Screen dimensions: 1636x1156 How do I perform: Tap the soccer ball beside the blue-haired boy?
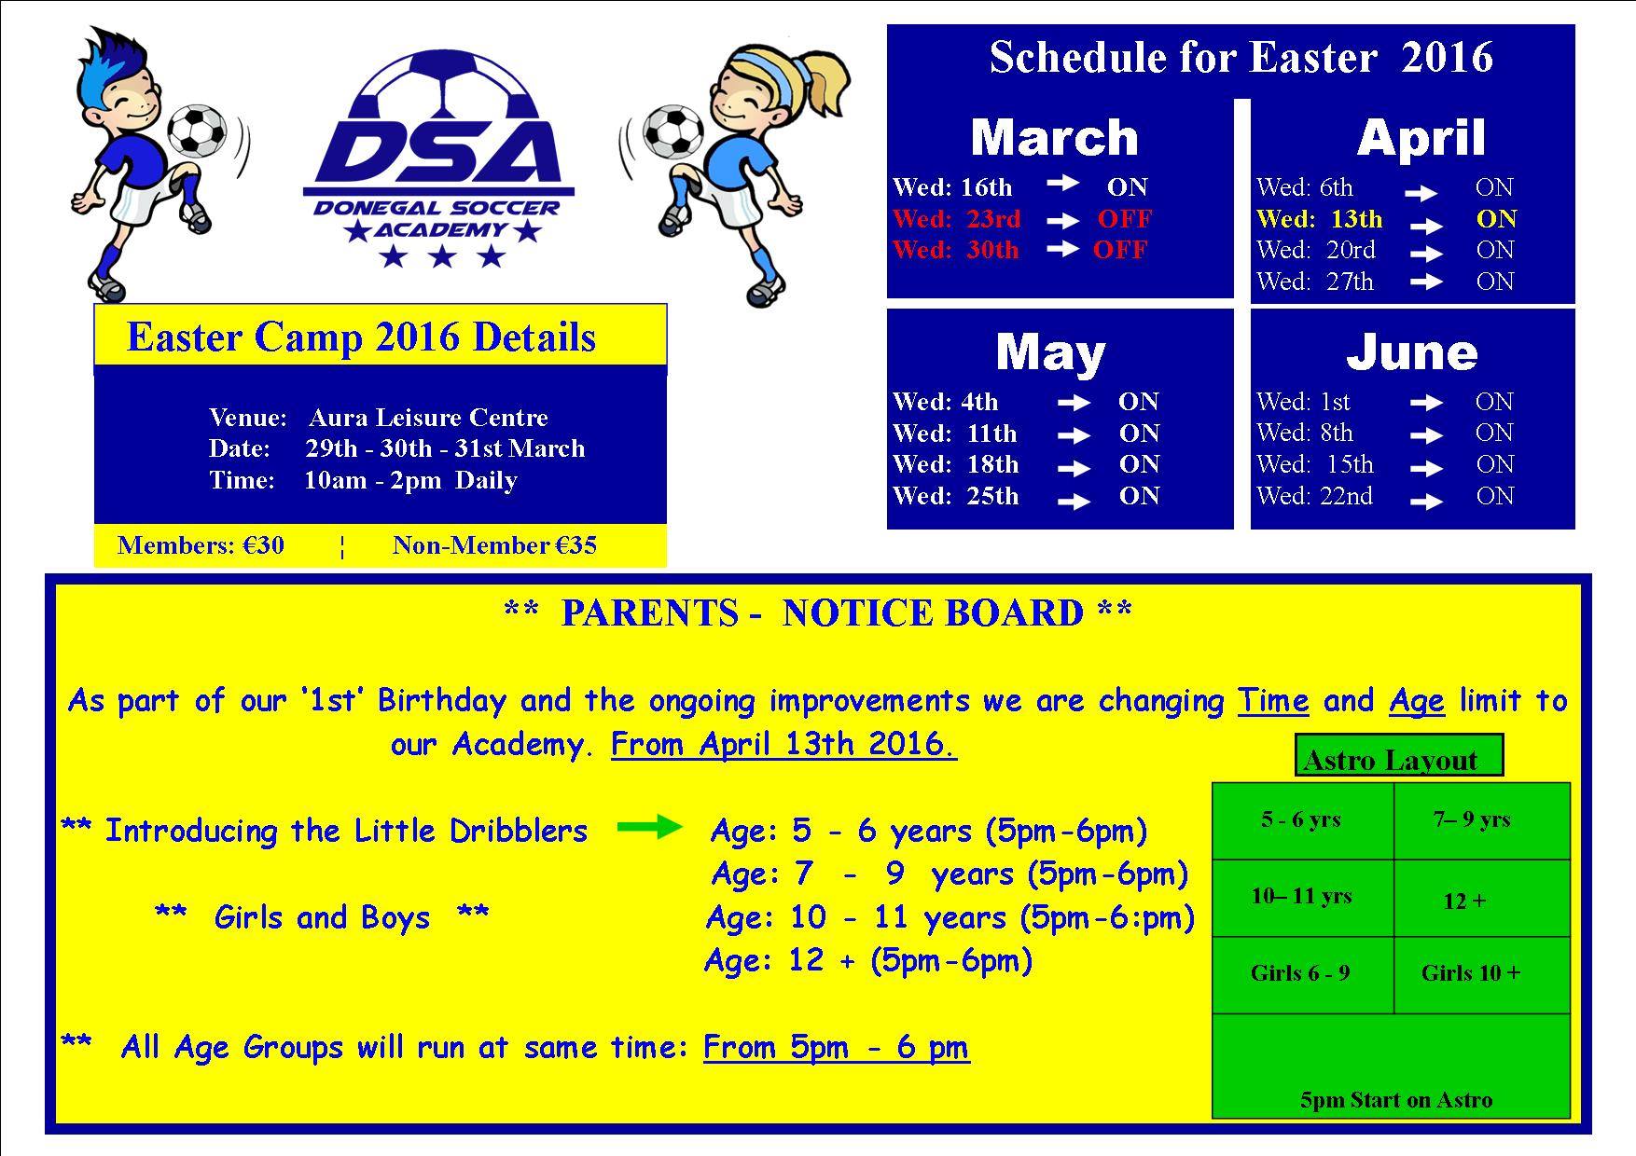coord(198,130)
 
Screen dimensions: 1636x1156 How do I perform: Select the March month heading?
coord(1054,138)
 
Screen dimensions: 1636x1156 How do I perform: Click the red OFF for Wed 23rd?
coord(1124,219)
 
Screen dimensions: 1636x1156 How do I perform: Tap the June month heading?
coord(1411,352)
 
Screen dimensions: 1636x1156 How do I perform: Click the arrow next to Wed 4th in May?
coord(1074,404)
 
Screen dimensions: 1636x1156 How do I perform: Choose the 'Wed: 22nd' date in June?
coord(1314,496)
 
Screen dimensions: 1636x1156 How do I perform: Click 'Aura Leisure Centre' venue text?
coord(428,417)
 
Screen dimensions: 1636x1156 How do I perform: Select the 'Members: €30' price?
coord(201,545)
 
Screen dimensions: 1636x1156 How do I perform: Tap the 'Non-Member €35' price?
coord(494,545)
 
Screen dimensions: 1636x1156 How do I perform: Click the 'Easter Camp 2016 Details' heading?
coord(361,337)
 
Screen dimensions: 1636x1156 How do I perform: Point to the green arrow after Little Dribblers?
coord(650,827)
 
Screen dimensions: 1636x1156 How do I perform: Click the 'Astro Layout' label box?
coord(1399,755)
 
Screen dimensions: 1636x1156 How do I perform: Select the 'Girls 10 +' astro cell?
coord(1482,974)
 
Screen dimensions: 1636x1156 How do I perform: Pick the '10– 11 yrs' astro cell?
coord(1303,898)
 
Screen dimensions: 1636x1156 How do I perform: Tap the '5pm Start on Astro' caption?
coord(1396,1100)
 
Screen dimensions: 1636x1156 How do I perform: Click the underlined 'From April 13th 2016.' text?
coord(783,744)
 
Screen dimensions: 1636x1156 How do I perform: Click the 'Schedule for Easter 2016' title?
coord(1241,57)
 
